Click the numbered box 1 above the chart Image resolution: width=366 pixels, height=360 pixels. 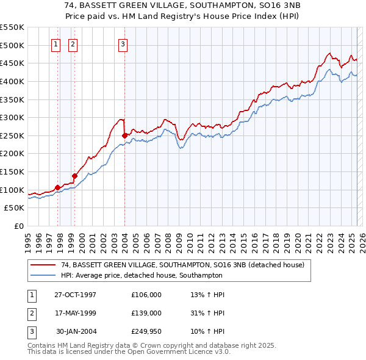pos(56,44)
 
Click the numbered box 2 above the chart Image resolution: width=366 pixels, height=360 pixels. pos(73,44)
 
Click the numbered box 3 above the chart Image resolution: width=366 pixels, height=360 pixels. pos(123,44)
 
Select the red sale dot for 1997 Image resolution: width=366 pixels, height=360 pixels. pos(58,187)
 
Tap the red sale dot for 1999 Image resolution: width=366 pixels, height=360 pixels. pos(74,176)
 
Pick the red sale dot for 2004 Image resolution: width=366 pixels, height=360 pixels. pos(124,135)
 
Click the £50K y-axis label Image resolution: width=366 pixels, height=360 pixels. pos(15,208)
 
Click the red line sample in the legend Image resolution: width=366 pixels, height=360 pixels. pos(43,265)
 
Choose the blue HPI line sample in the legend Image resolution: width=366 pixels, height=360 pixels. pos(43,275)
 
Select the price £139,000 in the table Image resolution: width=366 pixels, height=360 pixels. pos(146,313)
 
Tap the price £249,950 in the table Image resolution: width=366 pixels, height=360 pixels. pos(146,331)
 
